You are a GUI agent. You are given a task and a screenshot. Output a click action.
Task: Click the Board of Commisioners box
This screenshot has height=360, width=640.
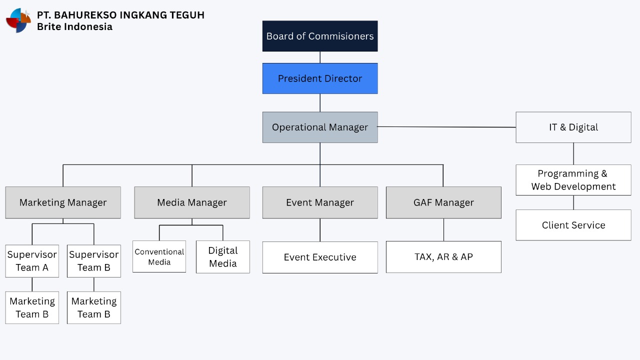[x=320, y=36]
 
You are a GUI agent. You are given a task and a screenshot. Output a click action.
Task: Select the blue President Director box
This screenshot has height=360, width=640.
[x=320, y=78]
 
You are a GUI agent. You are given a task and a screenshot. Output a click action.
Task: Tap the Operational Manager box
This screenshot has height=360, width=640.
[x=320, y=127]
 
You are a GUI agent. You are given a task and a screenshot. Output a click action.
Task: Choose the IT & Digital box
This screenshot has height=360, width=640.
[x=573, y=127]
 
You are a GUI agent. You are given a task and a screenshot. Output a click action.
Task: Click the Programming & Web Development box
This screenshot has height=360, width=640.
[x=573, y=180]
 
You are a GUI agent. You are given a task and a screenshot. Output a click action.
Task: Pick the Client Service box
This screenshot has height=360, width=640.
[x=573, y=225]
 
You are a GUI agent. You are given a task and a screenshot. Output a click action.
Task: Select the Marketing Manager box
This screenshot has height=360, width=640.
[x=63, y=202]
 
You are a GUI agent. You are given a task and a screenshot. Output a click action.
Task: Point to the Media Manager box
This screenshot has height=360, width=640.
[x=192, y=202]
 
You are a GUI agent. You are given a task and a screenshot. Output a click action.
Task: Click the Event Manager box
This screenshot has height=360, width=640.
[x=320, y=202]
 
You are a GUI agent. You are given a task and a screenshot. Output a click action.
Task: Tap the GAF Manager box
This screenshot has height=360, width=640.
[x=443, y=202]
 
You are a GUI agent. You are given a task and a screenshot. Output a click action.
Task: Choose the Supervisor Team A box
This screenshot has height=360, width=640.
[x=32, y=261]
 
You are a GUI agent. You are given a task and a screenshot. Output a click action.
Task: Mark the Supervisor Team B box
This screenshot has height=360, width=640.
[x=94, y=261]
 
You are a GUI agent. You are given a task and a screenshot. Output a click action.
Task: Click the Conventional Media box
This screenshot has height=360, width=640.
[x=159, y=257]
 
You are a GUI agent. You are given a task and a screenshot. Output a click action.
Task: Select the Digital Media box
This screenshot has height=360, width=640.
[x=223, y=257]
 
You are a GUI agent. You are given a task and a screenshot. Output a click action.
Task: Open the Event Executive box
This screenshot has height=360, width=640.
[x=320, y=257]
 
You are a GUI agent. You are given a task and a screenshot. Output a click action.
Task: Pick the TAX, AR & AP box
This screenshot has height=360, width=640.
[x=443, y=257]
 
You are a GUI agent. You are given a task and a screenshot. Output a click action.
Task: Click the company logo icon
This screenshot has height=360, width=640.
[x=18, y=20]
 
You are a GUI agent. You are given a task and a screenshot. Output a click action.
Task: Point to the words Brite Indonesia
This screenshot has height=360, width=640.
[x=74, y=27]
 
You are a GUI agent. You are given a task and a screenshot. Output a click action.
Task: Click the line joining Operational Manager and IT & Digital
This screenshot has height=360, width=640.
[x=446, y=127]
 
